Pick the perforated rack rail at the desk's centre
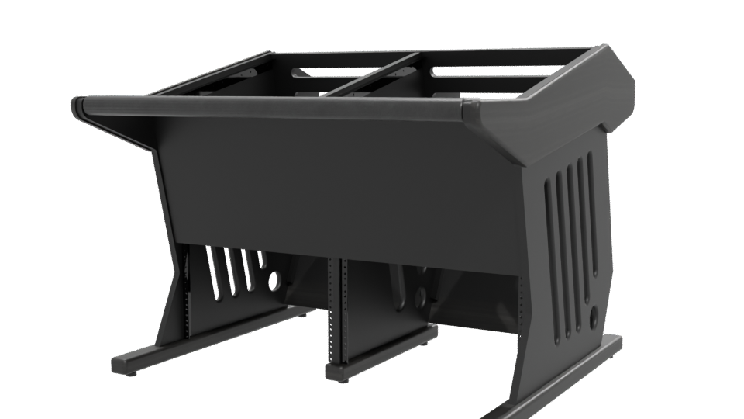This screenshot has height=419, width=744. click(334, 310)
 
